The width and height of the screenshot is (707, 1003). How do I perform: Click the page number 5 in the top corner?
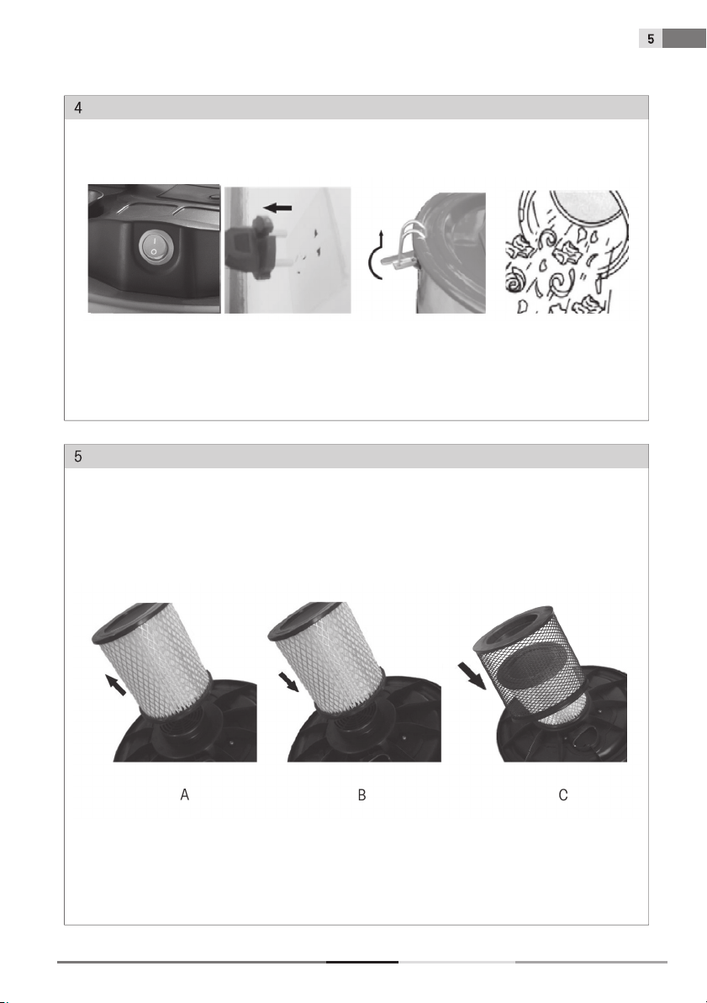(651, 39)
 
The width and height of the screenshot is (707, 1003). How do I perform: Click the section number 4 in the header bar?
(78, 108)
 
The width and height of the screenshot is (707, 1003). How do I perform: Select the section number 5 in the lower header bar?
(78, 457)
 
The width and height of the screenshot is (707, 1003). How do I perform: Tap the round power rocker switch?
(154, 246)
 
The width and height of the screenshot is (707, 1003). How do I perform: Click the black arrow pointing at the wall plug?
(277, 208)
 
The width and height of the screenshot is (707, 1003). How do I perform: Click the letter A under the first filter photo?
(185, 795)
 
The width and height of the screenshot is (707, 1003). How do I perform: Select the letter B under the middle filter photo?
(361, 795)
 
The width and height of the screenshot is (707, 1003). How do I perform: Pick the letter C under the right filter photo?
(563, 795)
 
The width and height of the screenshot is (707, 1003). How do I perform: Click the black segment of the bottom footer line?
(362, 962)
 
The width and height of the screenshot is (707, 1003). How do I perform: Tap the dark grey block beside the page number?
(684, 39)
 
